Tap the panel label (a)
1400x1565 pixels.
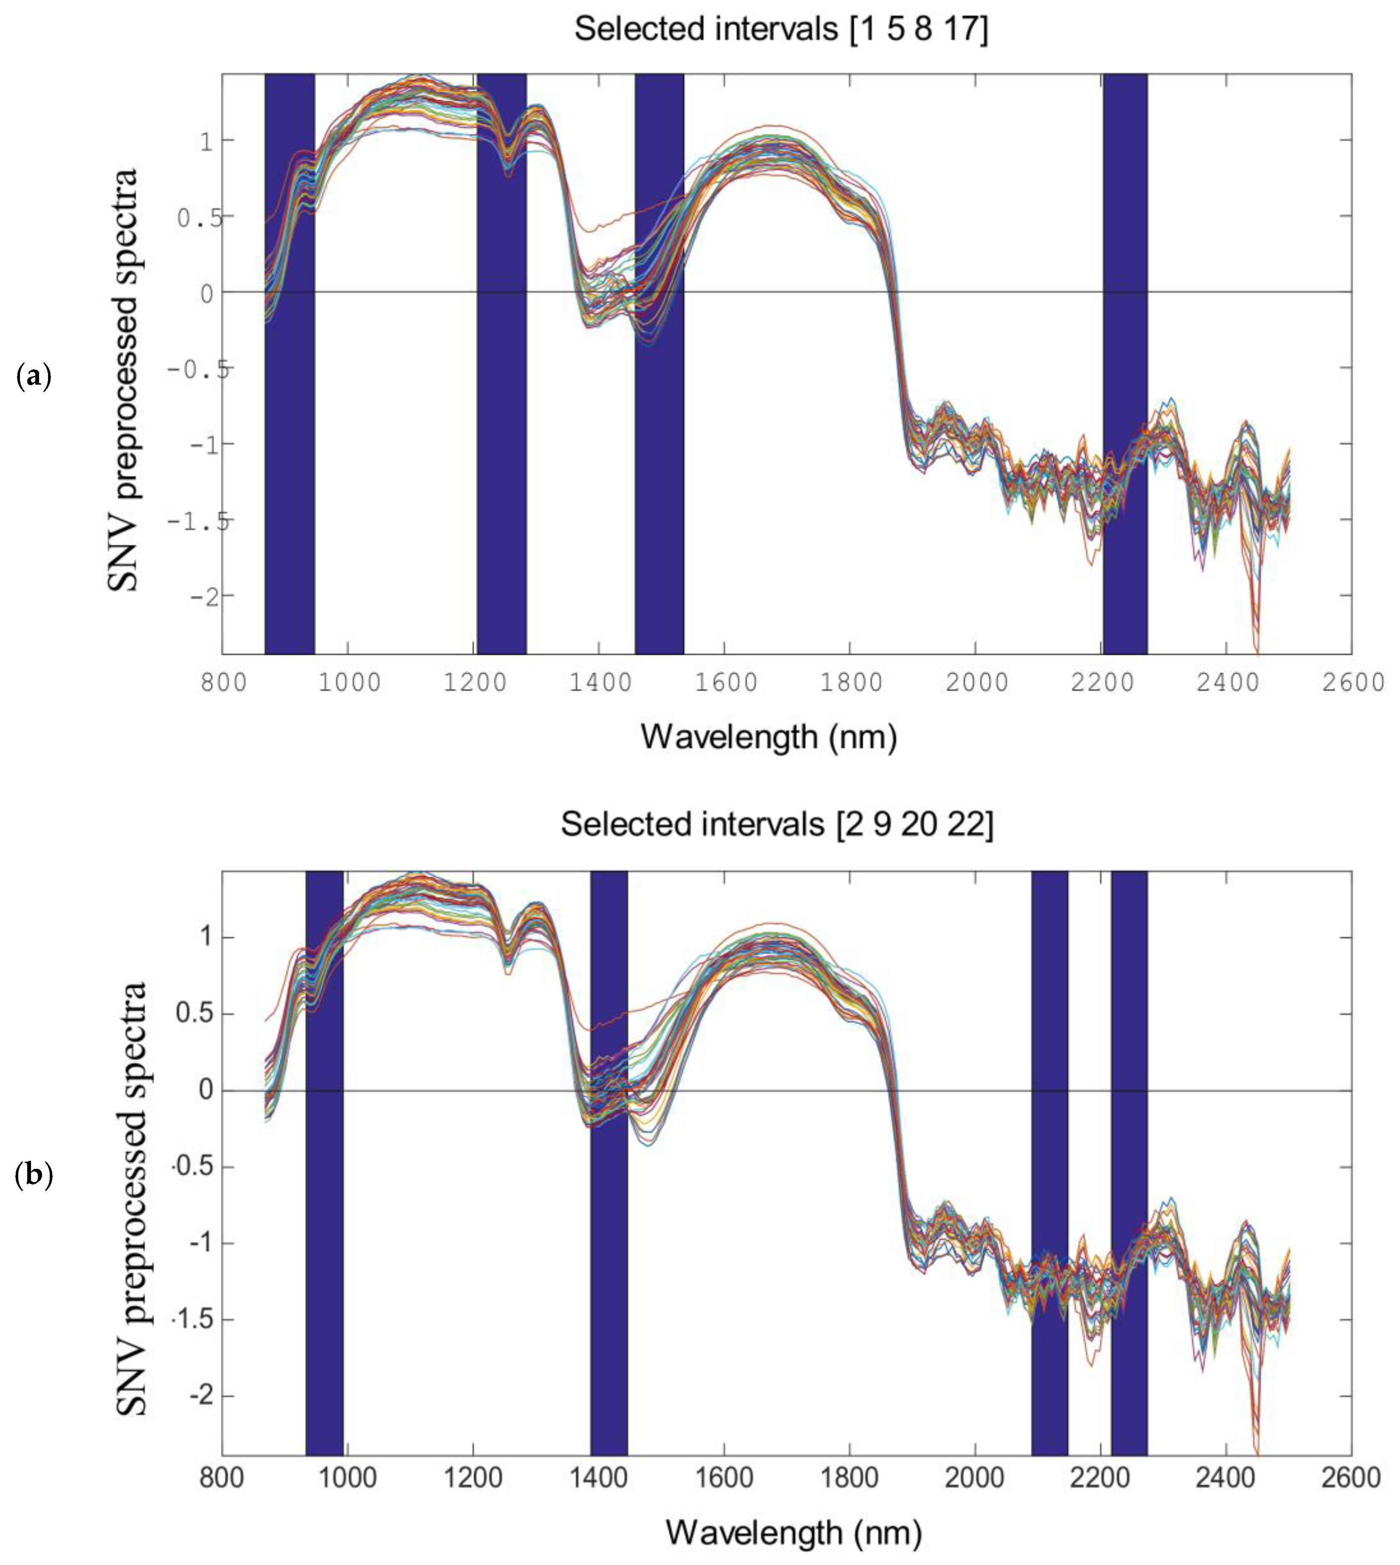tap(33, 377)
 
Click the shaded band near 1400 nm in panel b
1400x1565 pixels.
tap(608, 1162)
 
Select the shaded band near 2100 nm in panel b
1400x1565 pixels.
tap(1049, 1162)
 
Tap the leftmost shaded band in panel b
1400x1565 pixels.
tap(324, 1162)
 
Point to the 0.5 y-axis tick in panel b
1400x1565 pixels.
tap(195, 1013)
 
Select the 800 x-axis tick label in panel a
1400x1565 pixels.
tap(223, 683)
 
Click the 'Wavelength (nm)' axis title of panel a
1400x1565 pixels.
tap(769, 737)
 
